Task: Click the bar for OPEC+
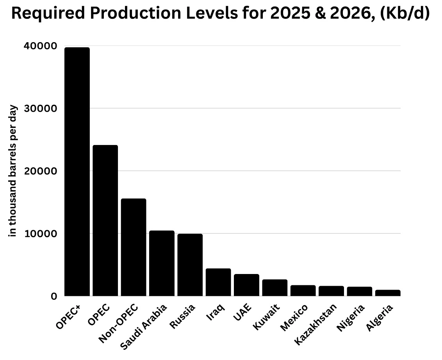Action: coord(77,172)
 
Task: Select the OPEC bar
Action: coord(105,220)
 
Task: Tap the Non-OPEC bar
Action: coord(134,247)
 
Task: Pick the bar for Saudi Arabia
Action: coord(162,263)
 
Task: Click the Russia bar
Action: coord(190,265)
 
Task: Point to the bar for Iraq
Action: coord(218,282)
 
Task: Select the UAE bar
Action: coord(246,285)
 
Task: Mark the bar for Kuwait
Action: coord(274,288)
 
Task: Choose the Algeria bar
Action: coord(388,293)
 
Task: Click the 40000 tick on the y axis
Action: coord(41,46)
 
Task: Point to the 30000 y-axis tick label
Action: coord(41,108)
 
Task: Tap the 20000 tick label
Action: coord(41,171)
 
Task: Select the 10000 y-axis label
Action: coord(41,234)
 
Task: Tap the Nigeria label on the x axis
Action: coord(351,318)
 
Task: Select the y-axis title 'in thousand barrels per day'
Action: coord(13,171)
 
